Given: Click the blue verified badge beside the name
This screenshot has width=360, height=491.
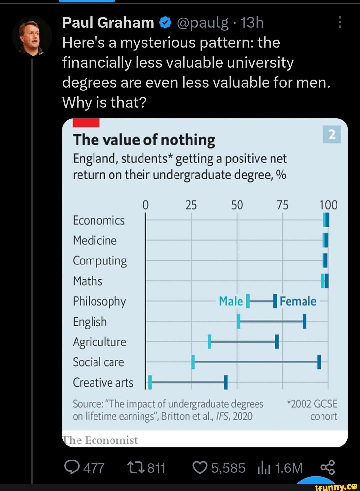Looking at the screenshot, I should pos(165,23).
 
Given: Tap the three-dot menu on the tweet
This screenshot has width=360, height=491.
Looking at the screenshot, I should pos(340,22).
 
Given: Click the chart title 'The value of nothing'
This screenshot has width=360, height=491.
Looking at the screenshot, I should pos(144,140).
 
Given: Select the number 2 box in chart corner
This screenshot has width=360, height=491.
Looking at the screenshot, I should pos(332,135).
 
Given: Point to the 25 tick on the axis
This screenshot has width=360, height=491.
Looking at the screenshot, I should pos(191,205).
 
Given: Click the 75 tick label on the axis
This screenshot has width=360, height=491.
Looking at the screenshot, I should pos(282,205).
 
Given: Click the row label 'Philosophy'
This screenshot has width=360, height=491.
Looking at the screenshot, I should pos(99,301).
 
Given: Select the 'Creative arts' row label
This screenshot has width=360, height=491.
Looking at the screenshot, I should pos(103,383).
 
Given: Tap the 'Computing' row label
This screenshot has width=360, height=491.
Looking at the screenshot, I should pos(100,261).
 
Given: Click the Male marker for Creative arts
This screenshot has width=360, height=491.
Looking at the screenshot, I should pos(150,382).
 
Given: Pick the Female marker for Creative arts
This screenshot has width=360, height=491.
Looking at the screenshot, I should pos(226,382).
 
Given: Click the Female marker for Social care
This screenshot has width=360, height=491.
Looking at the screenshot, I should pos(319,362).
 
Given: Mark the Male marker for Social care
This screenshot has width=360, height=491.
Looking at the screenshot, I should pos(193,362).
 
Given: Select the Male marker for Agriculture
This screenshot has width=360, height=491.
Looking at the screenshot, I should pos(210,342).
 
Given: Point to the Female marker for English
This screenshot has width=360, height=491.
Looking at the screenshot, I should pos(304,321).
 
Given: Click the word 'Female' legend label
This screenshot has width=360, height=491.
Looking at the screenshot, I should pos(298,301).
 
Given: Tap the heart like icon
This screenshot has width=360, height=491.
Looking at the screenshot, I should pos(200,468).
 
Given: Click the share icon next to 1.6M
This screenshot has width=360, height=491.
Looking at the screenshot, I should pos(327,468).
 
